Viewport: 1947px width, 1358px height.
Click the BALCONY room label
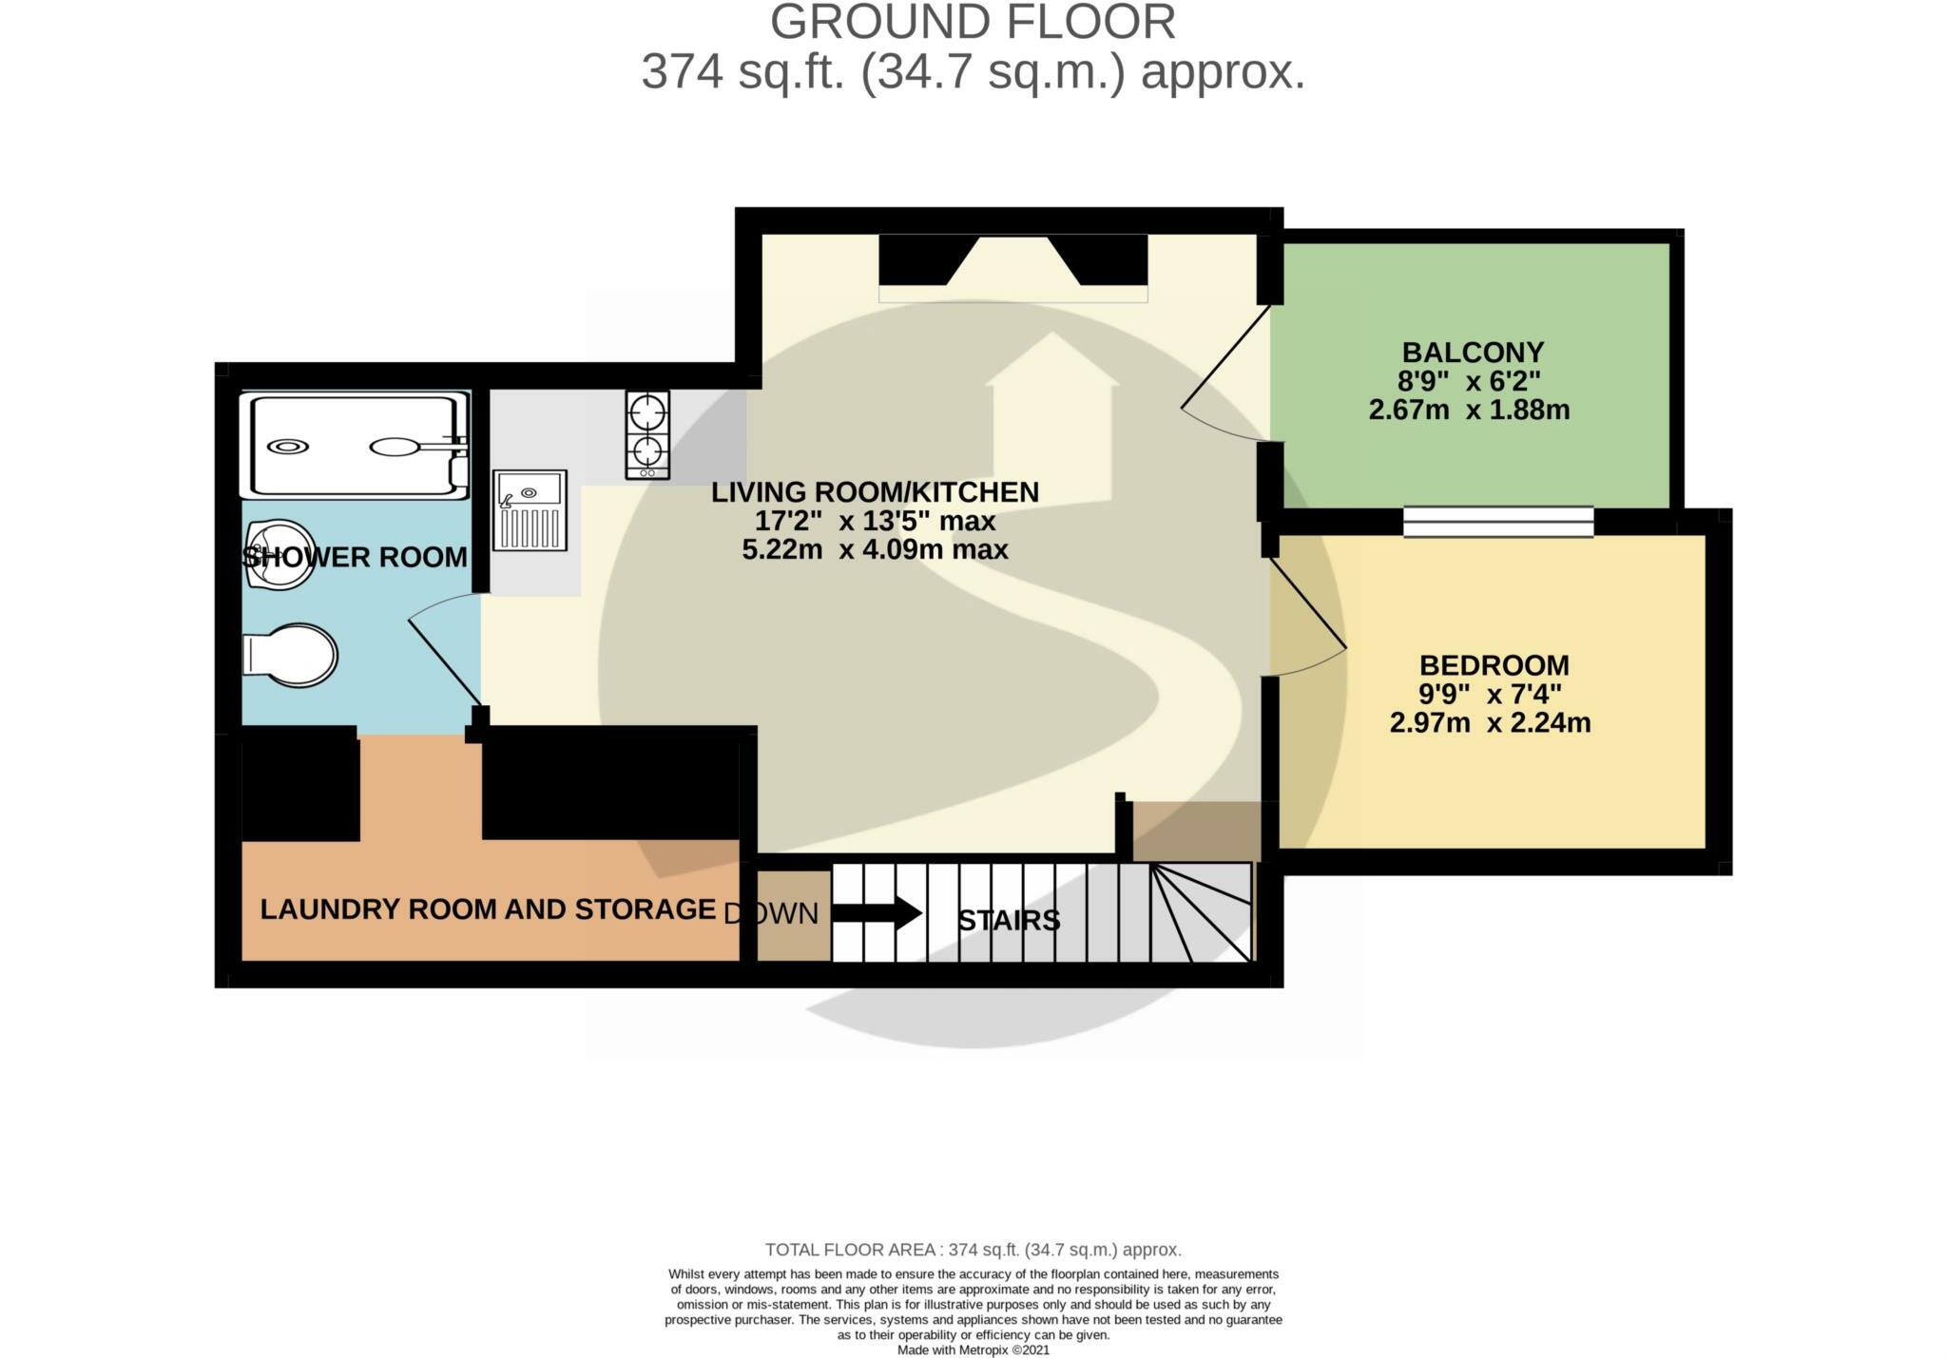[x=1472, y=353]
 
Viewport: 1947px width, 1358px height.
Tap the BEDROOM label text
[x=1494, y=664]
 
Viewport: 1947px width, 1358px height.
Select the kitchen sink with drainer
[x=530, y=510]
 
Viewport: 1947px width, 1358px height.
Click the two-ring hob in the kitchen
[x=647, y=434]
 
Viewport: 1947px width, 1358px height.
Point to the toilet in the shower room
[x=291, y=655]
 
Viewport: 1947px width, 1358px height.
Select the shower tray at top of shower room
[x=355, y=445]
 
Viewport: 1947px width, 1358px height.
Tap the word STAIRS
[x=1009, y=920]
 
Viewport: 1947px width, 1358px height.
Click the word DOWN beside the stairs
[x=771, y=913]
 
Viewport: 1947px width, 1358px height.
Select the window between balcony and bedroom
[x=1498, y=521]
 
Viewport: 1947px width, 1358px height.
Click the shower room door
[x=445, y=656]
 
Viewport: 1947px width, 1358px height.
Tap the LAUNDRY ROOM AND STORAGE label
[x=488, y=909]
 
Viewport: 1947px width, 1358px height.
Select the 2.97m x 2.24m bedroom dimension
[x=1490, y=722]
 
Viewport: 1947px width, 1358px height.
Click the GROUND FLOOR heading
[x=973, y=22]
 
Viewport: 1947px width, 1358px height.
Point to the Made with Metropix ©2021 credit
[x=973, y=1349]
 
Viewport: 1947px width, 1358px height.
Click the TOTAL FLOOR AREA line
[x=973, y=1250]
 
